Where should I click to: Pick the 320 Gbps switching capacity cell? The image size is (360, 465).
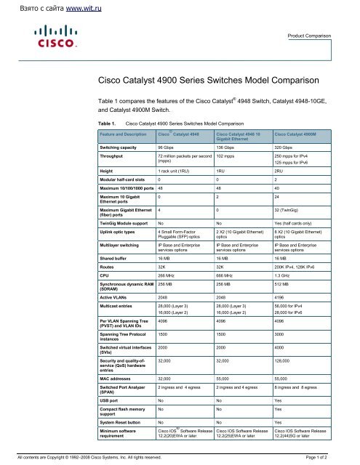point(284,147)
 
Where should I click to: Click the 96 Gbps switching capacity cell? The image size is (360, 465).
point(169,147)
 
